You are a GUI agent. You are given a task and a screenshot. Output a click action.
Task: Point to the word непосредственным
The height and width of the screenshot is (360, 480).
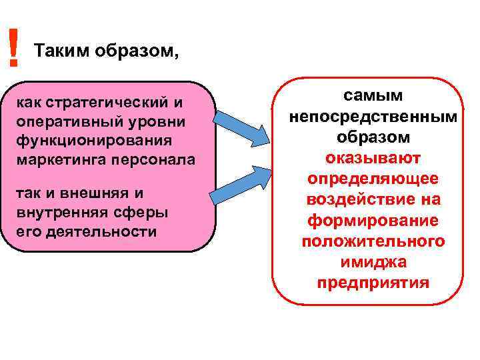click(x=373, y=117)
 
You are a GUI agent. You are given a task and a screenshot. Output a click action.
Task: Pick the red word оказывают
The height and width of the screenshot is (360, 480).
click(x=373, y=158)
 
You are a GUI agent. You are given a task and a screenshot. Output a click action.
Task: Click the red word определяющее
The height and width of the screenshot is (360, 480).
click(x=373, y=179)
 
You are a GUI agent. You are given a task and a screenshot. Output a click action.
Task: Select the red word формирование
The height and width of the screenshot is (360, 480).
click(x=373, y=220)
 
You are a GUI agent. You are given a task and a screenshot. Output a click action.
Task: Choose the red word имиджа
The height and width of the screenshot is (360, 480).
click(x=373, y=261)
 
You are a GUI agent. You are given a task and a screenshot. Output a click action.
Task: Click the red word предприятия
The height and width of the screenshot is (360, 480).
click(x=373, y=282)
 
